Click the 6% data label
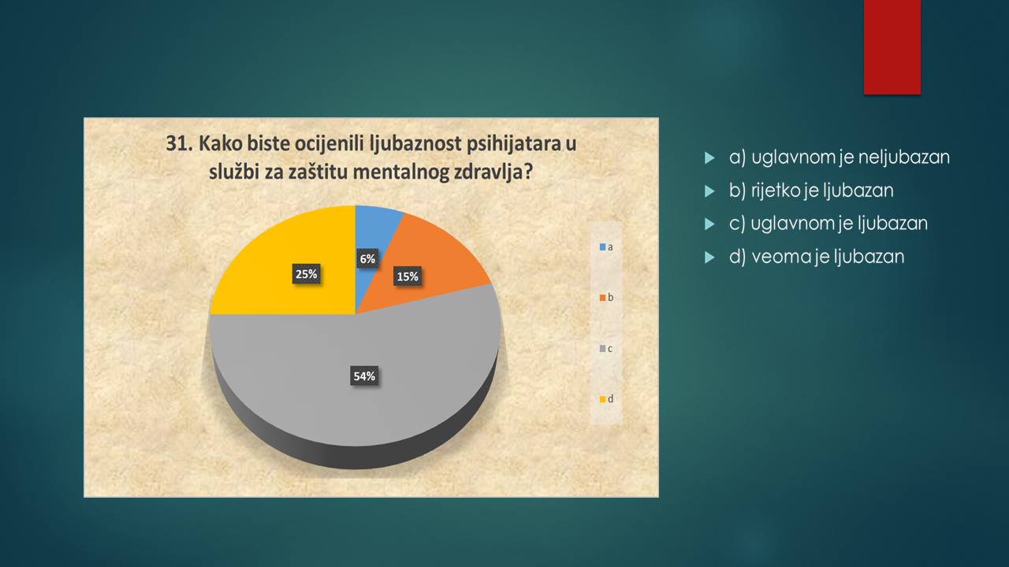point(367,259)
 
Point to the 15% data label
point(408,276)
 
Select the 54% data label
point(364,376)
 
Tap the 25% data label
point(307,274)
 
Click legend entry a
point(606,247)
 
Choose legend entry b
point(606,298)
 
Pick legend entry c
point(606,349)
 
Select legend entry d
point(606,399)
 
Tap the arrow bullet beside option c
point(709,224)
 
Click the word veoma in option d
point(784,257)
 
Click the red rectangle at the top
point(892,47)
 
